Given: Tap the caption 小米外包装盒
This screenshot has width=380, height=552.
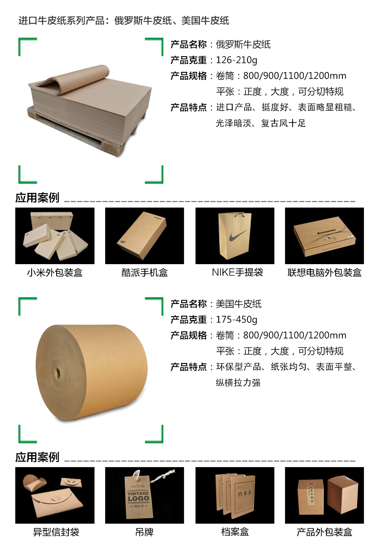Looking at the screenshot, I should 55,273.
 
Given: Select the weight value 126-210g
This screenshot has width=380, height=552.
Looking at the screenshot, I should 236,60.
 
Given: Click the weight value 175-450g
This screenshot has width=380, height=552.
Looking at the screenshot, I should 236,320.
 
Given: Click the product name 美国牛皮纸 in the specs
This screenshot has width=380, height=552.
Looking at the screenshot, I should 239,304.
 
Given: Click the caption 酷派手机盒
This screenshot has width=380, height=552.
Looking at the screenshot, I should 144,273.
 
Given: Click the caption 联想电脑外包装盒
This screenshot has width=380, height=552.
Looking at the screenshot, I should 324,273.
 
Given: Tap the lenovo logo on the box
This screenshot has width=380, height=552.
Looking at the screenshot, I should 326,232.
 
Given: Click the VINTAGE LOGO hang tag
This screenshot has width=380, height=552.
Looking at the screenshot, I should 138,496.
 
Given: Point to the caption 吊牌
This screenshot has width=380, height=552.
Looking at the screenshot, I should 144,532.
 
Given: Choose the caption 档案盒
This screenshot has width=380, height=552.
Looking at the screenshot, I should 235,532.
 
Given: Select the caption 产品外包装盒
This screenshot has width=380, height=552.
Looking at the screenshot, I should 324,532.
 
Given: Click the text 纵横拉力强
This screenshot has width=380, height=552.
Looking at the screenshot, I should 238,383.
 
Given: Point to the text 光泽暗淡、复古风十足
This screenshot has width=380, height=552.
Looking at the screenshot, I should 261,123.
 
